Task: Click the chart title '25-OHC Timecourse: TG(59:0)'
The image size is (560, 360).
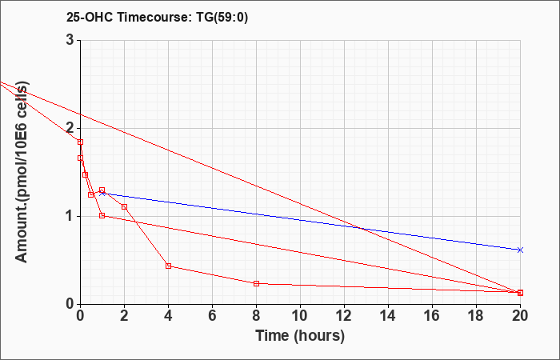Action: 157,17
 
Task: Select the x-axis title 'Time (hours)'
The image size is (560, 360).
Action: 300,336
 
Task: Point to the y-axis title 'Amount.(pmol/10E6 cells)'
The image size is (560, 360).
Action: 22,172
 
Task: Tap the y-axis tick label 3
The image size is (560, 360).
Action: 70,40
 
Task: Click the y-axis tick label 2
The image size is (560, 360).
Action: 70,128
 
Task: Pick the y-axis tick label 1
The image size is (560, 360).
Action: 70,216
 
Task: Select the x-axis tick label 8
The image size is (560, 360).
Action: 256,316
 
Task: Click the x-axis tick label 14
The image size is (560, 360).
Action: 388,316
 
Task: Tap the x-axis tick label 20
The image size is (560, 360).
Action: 520,316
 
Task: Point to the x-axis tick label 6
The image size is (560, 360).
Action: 212,316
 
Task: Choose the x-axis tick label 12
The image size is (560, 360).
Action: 344,316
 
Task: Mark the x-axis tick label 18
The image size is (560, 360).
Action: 476,316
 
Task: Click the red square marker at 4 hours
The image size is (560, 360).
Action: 169,266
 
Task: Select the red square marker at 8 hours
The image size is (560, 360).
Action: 256,283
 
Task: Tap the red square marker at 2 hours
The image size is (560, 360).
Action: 124,206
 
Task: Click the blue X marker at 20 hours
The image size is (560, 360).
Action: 520,250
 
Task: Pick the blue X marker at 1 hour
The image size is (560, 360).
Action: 102,194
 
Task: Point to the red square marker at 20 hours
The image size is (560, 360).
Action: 520,293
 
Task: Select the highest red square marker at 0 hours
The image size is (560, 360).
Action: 80,142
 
